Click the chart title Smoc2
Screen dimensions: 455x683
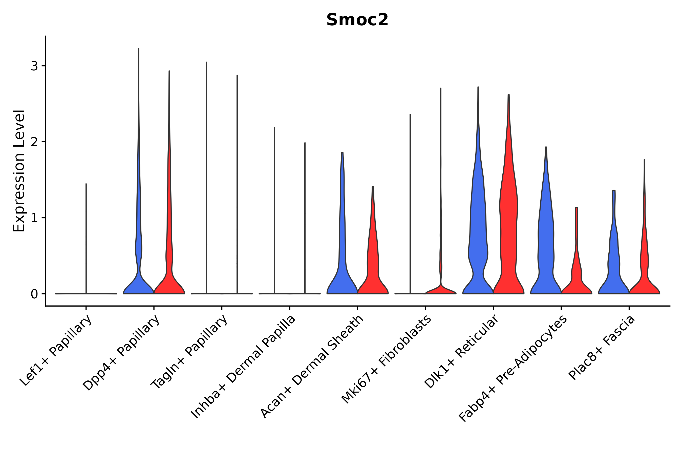[357, 20]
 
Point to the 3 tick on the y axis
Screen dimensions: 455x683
[34, 66]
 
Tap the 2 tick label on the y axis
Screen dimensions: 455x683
[34, 142]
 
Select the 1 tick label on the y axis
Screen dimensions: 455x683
[34, 218]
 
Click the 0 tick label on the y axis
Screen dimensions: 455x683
[34, 294]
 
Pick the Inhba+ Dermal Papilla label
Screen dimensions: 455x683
[244, 367]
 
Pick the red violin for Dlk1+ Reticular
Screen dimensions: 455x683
[508, 232]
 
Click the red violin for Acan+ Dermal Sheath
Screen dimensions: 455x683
[373, 261]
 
